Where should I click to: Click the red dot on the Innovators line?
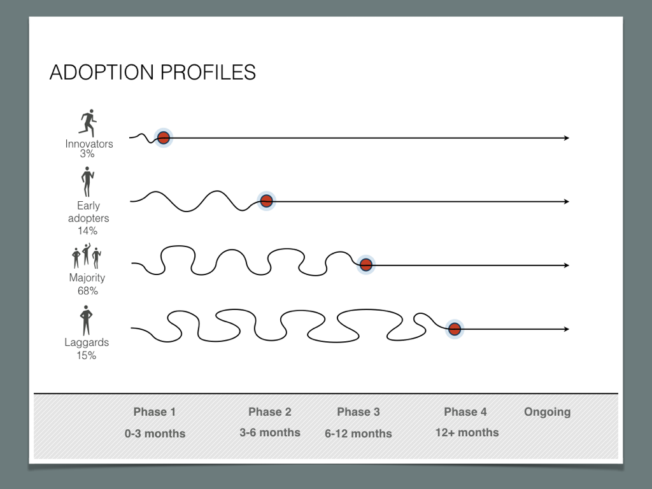[x=164, y=138]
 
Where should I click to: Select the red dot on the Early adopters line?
[x=266, y=201]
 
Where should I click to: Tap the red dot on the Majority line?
[x=366, y=264]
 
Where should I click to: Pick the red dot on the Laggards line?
[x=455, y=329]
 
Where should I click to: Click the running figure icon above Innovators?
[x=88, y=123]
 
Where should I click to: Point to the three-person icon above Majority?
[x=87, y=256]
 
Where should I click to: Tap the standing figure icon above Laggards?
[x=86, y=320]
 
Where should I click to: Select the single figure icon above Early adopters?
[x=87, y=181]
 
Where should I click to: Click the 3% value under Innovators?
[x=87, y=154]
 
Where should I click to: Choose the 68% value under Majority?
[x=88, y=290]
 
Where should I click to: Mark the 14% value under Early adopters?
[x=88, y=230]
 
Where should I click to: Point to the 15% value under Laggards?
[x=87, y=355]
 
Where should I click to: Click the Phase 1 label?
[x=155, y=412]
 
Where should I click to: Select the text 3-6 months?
[x=270, y=432]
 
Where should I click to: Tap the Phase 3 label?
[x=358, y=412]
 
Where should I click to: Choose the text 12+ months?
[x=467, y=432]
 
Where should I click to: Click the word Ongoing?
[x=547, y=412]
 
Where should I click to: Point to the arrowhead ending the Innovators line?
[x=567, y=138]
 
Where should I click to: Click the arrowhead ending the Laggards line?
[x=567, y=329]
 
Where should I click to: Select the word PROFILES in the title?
[x=208, y=73]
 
